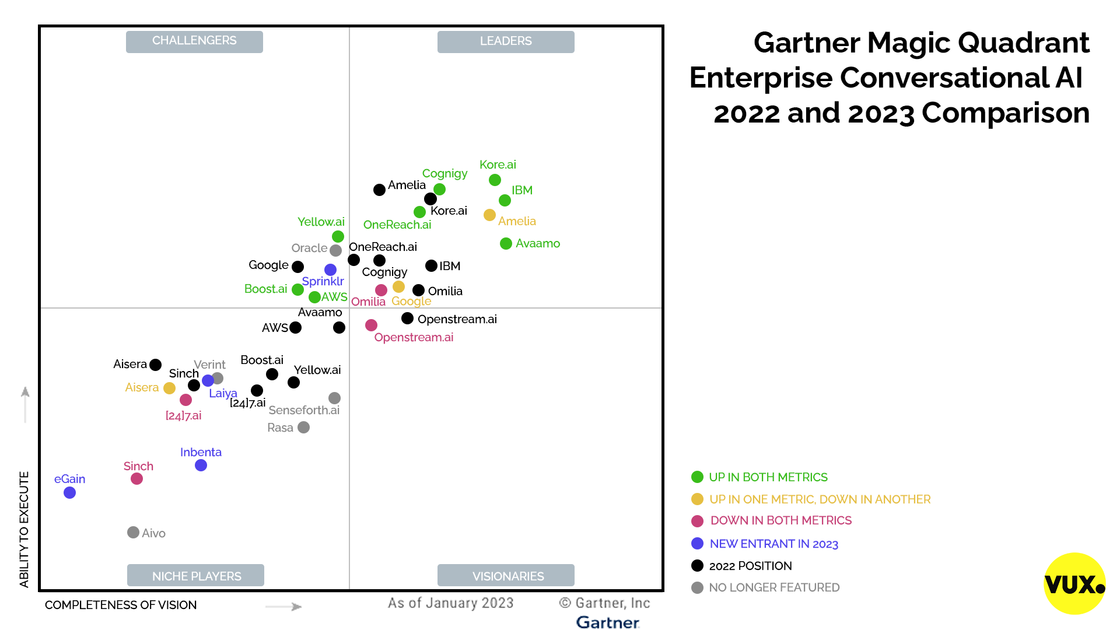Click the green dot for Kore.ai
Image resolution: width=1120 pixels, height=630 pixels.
tap(495, 180)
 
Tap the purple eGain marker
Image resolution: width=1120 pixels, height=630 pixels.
tap(69, 493)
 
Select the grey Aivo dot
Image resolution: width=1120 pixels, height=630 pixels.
tap(133, 533)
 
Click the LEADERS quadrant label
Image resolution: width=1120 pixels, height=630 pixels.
tap(506, 41)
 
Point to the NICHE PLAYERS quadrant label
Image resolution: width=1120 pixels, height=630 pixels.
tap(196, 576)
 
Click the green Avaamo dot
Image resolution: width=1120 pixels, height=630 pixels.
tap(506, 244)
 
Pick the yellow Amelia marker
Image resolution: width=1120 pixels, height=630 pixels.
tap(489, 215)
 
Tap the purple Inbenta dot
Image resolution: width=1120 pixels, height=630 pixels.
tap(201, 466)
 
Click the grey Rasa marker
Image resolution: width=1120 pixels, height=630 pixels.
tap(303, 428)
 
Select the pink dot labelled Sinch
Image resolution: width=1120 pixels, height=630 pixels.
tap(136, 479)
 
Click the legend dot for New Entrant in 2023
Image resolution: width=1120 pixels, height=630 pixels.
tap(697, 544)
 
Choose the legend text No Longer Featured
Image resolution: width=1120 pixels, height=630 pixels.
tap(774, 587)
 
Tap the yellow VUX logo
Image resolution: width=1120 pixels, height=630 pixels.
tap(1074, 583)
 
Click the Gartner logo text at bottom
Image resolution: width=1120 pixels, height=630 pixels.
tap(607, 622)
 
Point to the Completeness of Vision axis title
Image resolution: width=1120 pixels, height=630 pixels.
tap(121, 605)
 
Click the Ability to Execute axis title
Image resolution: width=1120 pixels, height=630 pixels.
tap(24, 529)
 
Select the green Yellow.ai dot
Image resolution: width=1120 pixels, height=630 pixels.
tap(338, 236)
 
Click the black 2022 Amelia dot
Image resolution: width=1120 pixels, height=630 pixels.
tap(379, 190)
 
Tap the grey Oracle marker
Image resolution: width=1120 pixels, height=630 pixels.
tap(335, 250)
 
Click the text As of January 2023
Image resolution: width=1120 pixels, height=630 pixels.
tap(450, 603)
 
